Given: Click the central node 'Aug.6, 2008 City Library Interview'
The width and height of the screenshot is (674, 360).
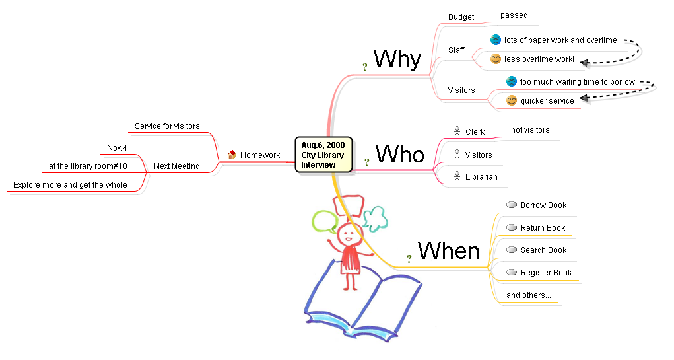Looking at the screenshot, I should click(x=323, y=155).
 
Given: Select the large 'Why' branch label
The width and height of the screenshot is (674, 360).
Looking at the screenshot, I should click(x=397, y=59).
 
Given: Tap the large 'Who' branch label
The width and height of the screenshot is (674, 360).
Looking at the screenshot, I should click(x=399, y=155).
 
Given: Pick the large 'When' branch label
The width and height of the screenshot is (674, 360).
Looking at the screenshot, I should click(x=448, y=250).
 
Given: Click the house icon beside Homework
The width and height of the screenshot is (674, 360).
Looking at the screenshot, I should click(x=231, y=155).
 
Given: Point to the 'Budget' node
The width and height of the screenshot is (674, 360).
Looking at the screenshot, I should click(x=461, y=17).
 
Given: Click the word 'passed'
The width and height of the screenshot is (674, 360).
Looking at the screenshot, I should click(x=514, y=15).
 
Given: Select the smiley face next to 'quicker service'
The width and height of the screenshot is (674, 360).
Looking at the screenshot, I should click(x=512, y=101).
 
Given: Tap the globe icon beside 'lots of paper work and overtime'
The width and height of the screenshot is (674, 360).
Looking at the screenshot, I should click(x=496, y=40).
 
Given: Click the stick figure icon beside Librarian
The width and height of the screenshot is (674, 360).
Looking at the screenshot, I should click(x=456, y=176).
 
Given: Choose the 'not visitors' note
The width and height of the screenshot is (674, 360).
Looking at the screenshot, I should click(x=530, y=130).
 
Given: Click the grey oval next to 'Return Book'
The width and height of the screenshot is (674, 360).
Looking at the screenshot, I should click(x=511, y=228).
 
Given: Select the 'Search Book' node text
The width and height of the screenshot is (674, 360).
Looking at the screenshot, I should click(x=543, y=250).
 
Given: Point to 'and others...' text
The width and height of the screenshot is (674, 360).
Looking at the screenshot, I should click(x=528, y=295).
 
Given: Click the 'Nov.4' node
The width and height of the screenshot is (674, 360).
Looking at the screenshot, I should click(x=117, y=147).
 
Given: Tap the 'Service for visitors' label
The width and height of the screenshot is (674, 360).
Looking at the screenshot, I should click(x=167, y=126).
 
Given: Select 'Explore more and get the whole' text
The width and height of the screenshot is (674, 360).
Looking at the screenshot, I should click(x=70, y=185).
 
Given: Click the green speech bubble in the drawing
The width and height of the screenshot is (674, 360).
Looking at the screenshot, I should click(x=324, y=221).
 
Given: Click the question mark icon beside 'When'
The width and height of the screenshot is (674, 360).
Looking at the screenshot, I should click(x=409, y=258).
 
